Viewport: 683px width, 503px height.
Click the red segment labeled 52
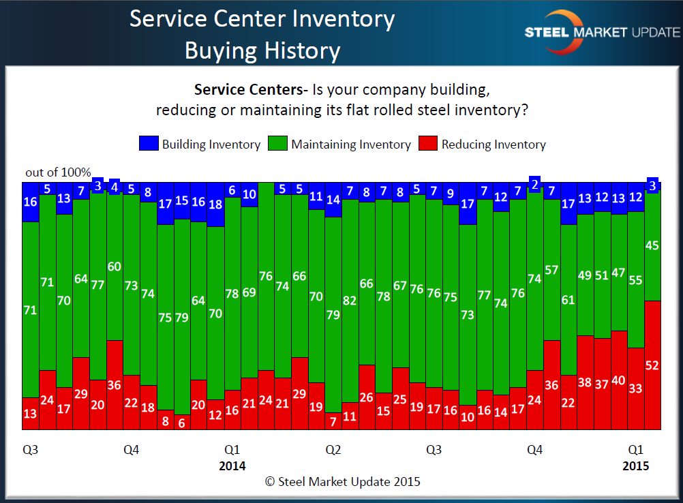(x=653, y=365)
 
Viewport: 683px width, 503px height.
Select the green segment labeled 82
(x=350, y=300)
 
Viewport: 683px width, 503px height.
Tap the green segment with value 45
(x=653, y=245)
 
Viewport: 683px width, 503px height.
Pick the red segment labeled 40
(x=620, y=380)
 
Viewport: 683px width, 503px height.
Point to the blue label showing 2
(x=535, y=183)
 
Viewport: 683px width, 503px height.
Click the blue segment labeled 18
(x=216, y=204)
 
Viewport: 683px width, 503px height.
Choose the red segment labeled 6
(x=182, y=422)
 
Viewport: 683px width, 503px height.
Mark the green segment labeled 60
(x=115, y=266)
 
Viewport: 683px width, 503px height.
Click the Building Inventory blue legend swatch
(x=149, y=144)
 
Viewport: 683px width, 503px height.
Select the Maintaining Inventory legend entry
(x=340, y=144)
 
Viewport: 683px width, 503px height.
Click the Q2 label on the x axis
(x=333, y=450)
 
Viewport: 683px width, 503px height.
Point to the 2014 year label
(x=232, y=466)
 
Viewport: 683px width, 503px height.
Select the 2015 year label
(x=636, y=466)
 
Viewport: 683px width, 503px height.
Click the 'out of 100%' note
(x=58, y=172)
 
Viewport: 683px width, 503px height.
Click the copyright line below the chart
(x=342, y=481)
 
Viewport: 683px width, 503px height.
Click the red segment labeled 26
(x=367, y=397)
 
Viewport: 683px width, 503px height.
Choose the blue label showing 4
(x=115, y=187)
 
